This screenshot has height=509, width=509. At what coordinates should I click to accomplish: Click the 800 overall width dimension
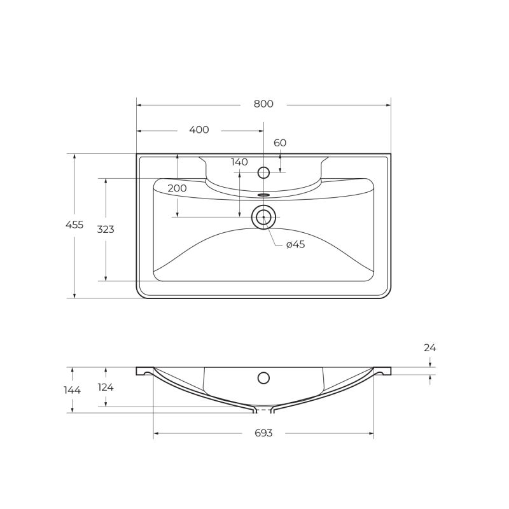click(x=263, y=104)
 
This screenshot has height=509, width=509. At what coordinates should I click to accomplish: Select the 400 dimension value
click(x=199, y=130)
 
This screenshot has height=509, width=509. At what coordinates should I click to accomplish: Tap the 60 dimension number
click(x=280, y=143)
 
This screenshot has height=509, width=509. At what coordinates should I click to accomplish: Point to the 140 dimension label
click(x=239, y=162)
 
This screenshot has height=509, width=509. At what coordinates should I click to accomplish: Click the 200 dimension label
click(x=178, y=188)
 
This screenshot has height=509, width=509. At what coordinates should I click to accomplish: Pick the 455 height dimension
click(x=74, y=225)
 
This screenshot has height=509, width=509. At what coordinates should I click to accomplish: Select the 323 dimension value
click(x=106, y=230)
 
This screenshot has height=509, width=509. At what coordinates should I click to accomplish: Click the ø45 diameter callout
click(x=295, y=245)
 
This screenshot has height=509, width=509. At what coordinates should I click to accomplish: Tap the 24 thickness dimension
click(x=430, y=348)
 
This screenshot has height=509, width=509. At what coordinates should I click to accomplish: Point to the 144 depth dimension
click(x=73, y=390)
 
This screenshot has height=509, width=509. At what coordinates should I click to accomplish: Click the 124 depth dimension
click(x=106, y=387)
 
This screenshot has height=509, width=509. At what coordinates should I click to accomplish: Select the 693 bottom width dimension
click(x=263, y=433)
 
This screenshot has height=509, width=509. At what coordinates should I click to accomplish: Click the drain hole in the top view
click(x=263, y=218)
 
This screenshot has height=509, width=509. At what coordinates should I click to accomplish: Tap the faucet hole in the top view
click(x=263, y=172)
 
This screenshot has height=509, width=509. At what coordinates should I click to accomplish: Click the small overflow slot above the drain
click(x=264, y=195)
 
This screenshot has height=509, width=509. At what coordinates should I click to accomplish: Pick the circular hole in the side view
click(x=263, y=378)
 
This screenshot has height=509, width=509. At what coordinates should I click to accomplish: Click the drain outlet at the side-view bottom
click(x=263, y=410)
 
